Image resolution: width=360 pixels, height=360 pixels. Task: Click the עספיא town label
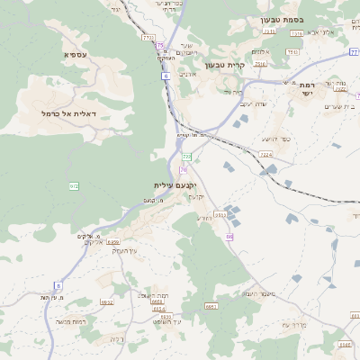pyautogui.click(x=75, y=55)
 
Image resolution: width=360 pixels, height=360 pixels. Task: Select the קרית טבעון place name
pyautogui.click(x=224, y=65)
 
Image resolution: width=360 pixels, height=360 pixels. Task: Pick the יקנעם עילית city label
pyautogui.click(x=174, y=184)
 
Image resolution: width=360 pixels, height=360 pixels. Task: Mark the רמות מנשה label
pyautogui.click(x=69, y=321)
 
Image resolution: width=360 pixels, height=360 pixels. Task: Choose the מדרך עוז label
pyautogui.click(x=297, y=324)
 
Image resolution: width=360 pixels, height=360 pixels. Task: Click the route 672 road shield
pyautogui.click(x=74, y=186)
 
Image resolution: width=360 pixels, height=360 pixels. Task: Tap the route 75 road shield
pyautogui.click(x=160, y=45)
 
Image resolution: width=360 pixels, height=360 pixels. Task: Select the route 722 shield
pyautogui.click(x=187, y=157)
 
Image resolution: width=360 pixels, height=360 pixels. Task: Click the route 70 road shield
pyautogui.click(x=183, y=169)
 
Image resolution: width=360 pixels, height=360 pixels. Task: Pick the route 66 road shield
pyautogui.click(x=229, y=237)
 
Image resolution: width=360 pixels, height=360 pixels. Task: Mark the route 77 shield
pyautogui.click(x=355, y=53)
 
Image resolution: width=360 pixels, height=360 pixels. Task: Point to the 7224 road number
pyautogui.click(x=265, y=155)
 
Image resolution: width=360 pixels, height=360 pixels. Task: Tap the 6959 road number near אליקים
pyautogui.click(x=112, y=242)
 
